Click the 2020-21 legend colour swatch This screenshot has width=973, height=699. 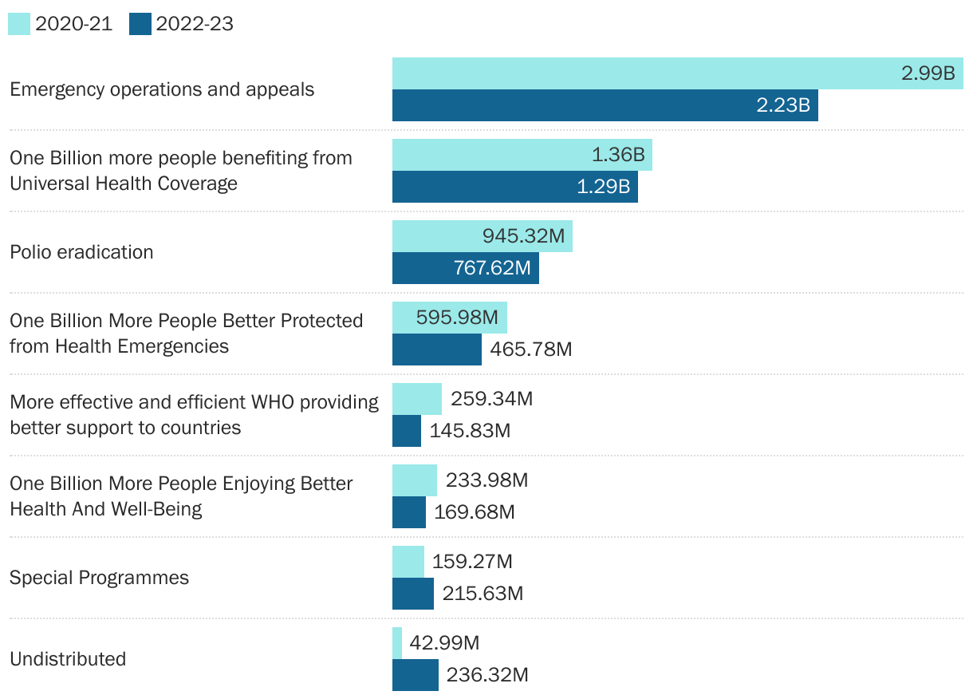pos(19,24)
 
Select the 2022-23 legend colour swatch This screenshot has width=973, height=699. pos(140,24)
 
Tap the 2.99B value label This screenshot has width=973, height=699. pos(928,73)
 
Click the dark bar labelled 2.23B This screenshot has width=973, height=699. pos(605,105)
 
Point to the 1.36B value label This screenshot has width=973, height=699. pos(618,155)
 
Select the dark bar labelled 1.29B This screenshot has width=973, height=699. pos(514,187)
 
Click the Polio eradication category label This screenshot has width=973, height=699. pos(81,252)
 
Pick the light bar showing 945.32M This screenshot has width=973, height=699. pos(482,236)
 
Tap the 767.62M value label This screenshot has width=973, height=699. pos(492,268)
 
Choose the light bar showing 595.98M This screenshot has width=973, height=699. pos(449,318)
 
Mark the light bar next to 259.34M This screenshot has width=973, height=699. pos(416,399)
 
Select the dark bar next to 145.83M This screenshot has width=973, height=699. pos(406,431)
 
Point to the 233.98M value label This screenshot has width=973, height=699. pos(486,480)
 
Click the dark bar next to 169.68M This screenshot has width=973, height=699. pos(408,512)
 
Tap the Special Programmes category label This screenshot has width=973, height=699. pos(99,578)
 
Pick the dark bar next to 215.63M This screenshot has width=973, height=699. pos(412,594)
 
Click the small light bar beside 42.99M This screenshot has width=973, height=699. pos(397,643)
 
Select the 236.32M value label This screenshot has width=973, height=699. pos(487,675)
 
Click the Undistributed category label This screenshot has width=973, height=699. pos(68,659)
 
